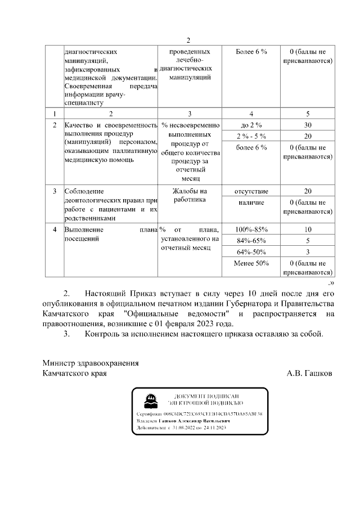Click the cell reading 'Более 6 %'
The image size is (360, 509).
[251, 52]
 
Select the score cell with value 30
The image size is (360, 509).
[307, 125]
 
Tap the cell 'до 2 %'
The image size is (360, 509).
[251, 125]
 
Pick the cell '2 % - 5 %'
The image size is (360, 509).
[251, 136]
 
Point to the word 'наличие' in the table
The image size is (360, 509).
[251, 202]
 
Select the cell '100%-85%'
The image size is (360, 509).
[251, 229]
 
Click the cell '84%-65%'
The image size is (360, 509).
[251, 241]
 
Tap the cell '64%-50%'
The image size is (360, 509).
[251, 251]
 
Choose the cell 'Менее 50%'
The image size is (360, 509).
[251, 263]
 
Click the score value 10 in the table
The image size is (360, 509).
[307, 229]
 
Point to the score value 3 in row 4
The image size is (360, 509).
[307, 251]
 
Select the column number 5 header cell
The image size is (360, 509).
[307, 113]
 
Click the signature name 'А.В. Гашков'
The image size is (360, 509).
[309, 373]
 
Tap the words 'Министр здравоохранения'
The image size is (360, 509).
[91, 363]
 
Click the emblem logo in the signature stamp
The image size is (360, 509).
[150, 400]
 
